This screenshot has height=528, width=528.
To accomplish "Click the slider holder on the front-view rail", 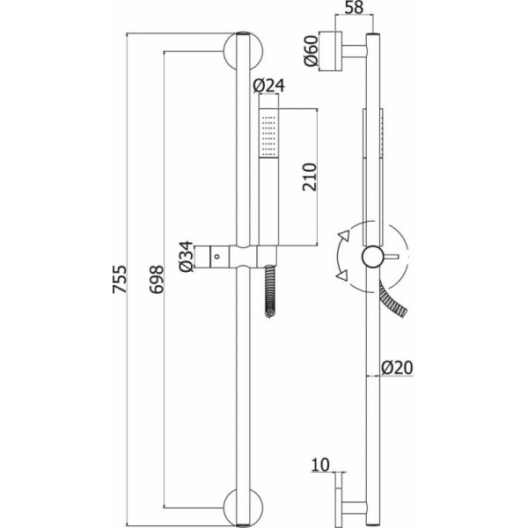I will click(238, 255).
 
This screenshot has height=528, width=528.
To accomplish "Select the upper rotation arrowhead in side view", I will click(343, 235).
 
